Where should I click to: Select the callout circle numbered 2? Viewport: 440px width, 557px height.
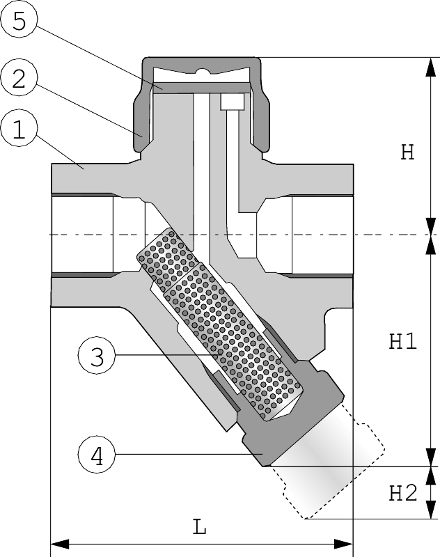click(x=19, y=78)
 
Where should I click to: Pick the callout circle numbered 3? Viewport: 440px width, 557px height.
click(x=97, y=356)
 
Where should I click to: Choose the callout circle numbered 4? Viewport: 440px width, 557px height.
click(x=97, y=456)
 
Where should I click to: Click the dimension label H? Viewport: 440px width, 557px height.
click(x=407, y=152)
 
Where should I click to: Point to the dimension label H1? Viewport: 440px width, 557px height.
click(x=402, y=341)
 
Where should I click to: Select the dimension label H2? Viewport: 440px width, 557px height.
click(x=402, y=494)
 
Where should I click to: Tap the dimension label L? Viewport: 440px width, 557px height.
click(x=200, y=527)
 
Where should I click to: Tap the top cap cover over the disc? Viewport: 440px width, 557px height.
click(x=202, y=62)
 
